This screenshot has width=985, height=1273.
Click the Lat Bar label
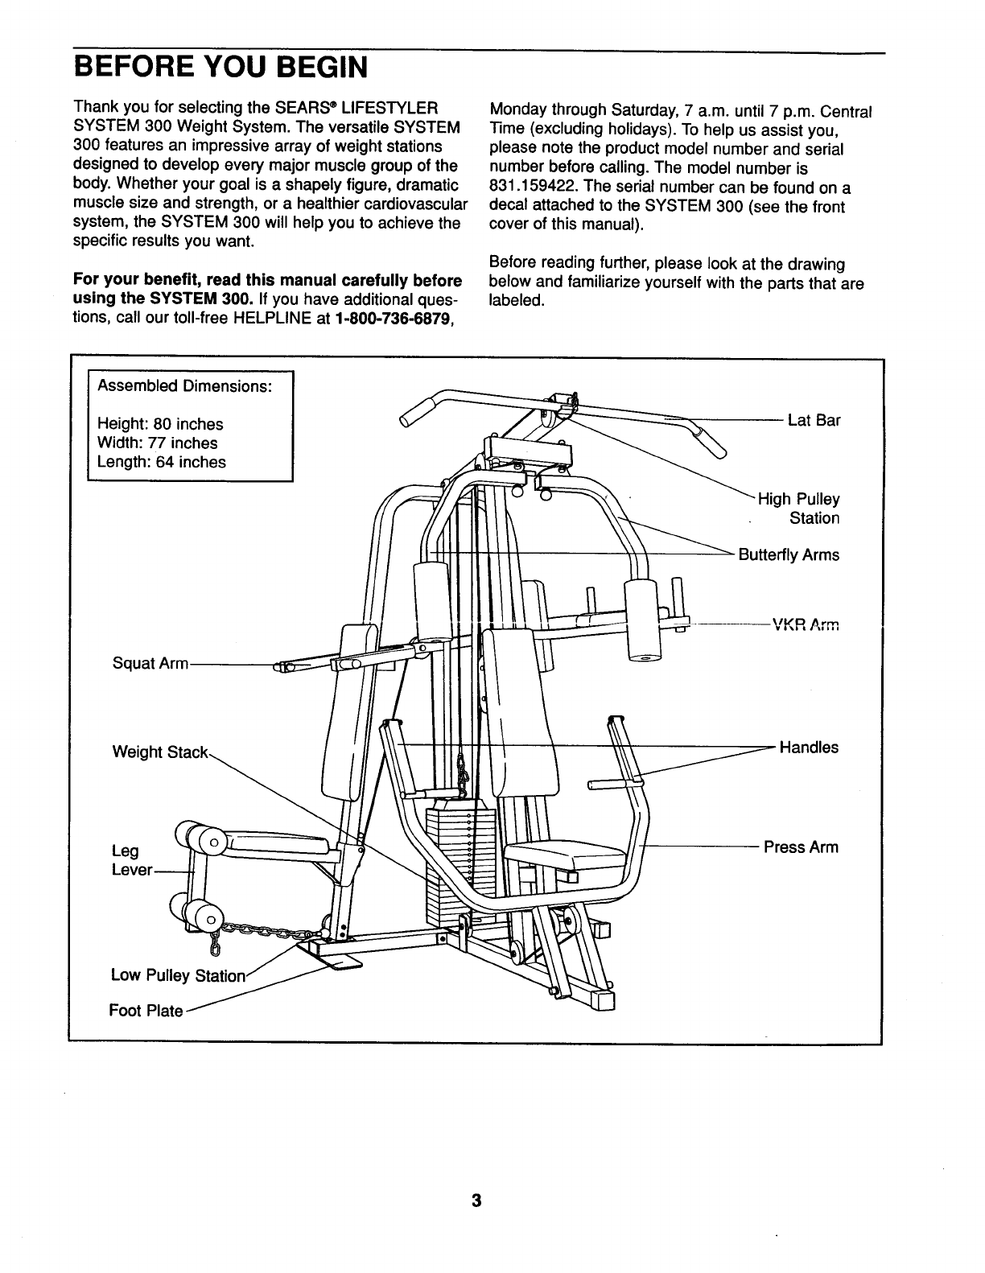coord(814,420)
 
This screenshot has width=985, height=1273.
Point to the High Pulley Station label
coord(798,509)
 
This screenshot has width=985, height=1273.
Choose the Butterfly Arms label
coord(788,555)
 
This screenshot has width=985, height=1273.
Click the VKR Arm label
coord(805,623)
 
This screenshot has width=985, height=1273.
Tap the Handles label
coord(809,748)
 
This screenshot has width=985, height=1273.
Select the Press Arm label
coord(801,847)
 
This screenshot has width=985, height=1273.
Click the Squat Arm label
coord(150,664)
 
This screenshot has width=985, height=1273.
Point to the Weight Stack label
coord(159,752)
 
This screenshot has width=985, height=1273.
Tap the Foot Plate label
coord(146,1011)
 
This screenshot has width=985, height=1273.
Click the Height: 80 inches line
coord(160,423)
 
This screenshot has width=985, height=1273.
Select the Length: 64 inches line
coord(161,462)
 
